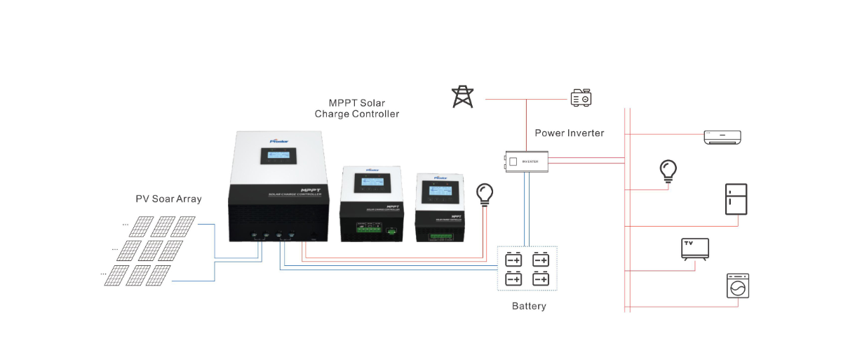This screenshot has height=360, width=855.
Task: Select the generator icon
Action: tap(581, 98)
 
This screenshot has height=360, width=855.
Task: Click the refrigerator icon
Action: tap(736, 200)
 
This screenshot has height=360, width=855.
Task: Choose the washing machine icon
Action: tap(737, 286)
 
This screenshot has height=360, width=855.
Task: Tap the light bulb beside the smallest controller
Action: tap(484, 193)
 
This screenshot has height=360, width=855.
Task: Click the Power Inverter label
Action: tap(569, 133)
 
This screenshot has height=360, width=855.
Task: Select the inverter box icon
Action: tap(526, 161)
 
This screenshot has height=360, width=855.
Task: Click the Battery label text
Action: tap(529, 306)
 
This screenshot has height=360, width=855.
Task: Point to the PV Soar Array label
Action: tap(168, 199)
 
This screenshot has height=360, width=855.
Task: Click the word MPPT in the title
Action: tap(343, 103)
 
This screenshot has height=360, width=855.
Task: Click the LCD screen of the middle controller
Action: tap(370, 184)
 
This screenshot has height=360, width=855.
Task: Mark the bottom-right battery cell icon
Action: tap(540, 279)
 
